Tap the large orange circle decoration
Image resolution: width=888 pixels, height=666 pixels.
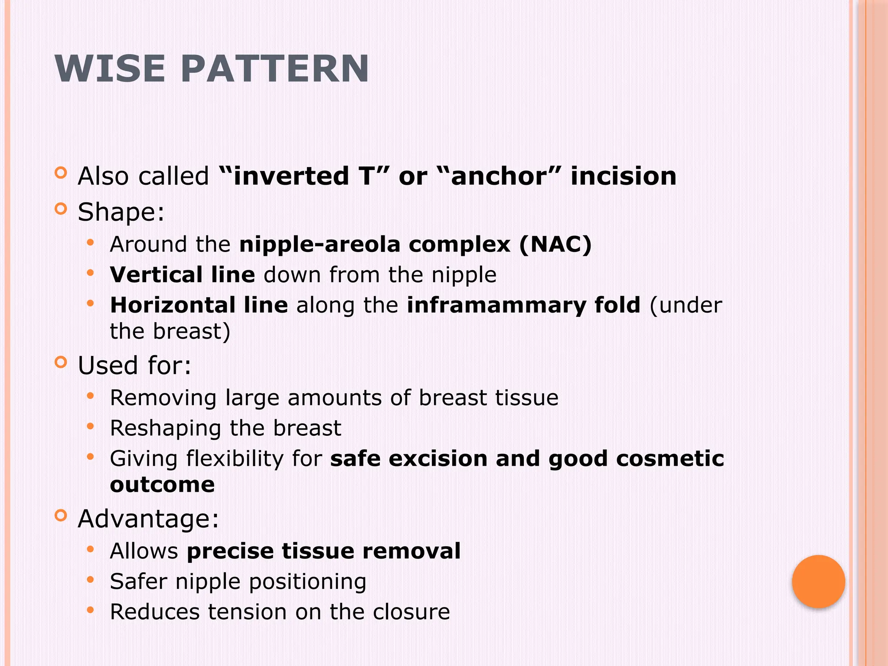tap(818, 581)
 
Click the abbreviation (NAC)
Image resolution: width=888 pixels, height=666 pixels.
tap(555, 244)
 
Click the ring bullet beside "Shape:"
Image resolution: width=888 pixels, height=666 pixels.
tap(61, 209)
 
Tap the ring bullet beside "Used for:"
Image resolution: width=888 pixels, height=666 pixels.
tap(61, 362)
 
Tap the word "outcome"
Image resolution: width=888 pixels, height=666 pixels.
tap(162, 484)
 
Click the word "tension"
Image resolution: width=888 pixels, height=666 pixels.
tap(248, 612)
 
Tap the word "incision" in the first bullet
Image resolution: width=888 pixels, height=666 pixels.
tap(624, 176)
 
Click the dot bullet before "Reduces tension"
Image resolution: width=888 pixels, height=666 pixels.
tap(90, 610)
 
